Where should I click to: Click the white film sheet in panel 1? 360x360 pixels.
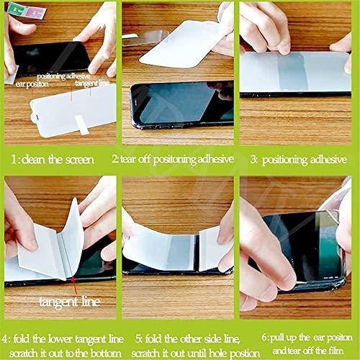click(72, 108)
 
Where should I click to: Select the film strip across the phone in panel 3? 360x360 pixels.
click(295, 72)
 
